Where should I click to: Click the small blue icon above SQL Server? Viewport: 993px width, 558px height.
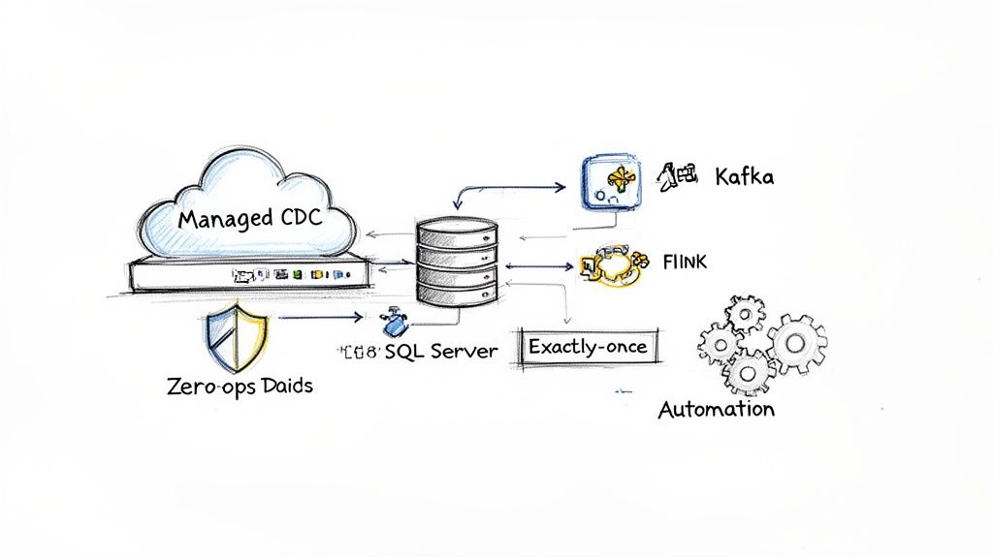394,321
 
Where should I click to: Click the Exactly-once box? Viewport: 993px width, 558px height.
588,346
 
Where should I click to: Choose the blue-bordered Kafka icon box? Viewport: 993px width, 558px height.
613,181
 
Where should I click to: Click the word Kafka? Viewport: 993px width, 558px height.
744,176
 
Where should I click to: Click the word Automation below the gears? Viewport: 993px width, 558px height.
716,409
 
